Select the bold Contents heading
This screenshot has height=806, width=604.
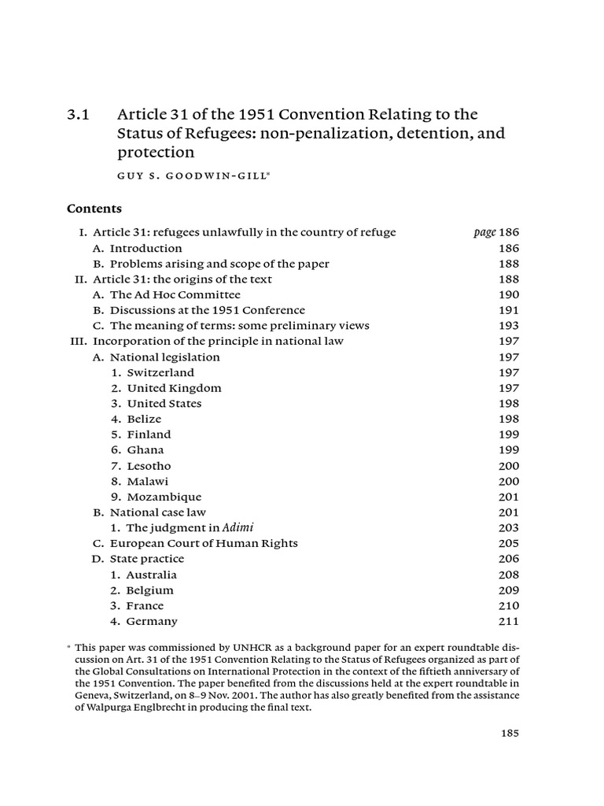click(94, 209)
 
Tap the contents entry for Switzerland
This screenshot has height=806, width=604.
click(160, 372)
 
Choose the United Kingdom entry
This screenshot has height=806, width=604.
click(174, 388)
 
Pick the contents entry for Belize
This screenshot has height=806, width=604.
click(144, 419)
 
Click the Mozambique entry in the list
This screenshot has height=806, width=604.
click(164, 497)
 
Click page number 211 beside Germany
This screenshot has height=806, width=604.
click(509, 622)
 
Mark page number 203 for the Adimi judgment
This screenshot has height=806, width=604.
click(509, 528)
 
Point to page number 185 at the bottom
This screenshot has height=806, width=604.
click(510, 733)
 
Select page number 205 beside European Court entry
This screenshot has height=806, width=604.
click(509, 544)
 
